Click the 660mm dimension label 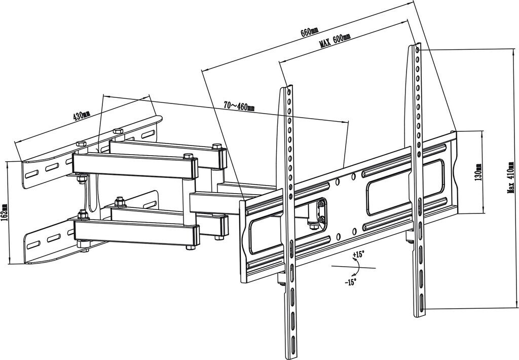click(307, 32)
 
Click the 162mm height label click(5, 212)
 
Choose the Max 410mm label click(511, 177)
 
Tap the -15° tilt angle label click(351, 282)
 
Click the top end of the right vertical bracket click(417, 47)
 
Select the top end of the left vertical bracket click(287, 88)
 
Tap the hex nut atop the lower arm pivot click(120, 203)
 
